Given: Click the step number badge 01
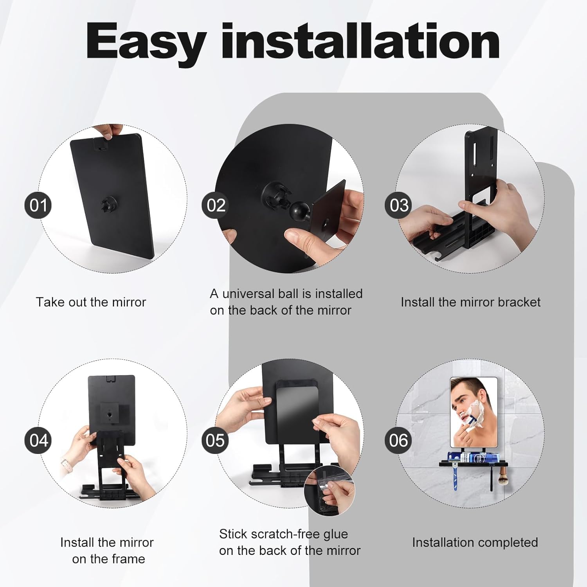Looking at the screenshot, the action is pyautogui.click(x=38, y=205).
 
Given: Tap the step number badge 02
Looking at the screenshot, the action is pyautogui.click(x=216, y=205).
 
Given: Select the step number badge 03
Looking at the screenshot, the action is pyautogui.click(x=399, y=205).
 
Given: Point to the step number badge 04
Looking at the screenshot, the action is pyautogui.click(x=38, y=440).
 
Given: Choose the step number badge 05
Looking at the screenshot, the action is pyautogui.click(x=215, y=440).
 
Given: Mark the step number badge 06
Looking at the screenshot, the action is pyautogui.click(x=398, y=440).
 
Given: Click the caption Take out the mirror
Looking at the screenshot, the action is pyautogui.click(x=91, y=302).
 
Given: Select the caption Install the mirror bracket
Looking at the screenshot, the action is pyautogui.click(x=470, y=302).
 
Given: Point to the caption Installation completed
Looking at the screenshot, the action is pyautogui.click(x=475, y=543).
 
